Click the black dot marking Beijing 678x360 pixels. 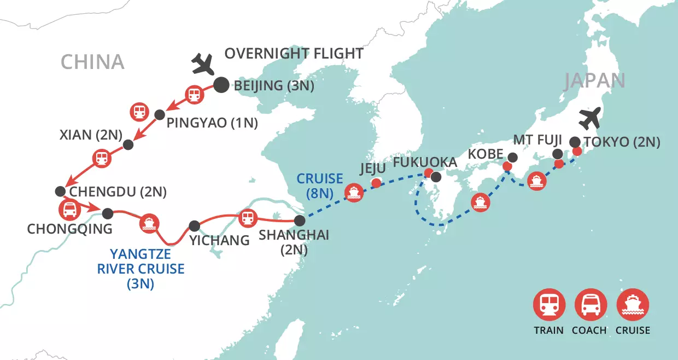point(221,85)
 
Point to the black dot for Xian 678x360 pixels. point(128,145)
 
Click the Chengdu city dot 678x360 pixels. point(60,191)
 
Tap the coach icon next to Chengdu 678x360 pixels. point(69,209)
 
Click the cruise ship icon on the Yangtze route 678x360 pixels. point(148,223)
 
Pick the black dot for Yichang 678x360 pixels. point(194,225)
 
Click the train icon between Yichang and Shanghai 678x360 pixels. point(248,218)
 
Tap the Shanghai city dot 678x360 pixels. point(299,220)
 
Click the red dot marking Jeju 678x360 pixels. point(376,183)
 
